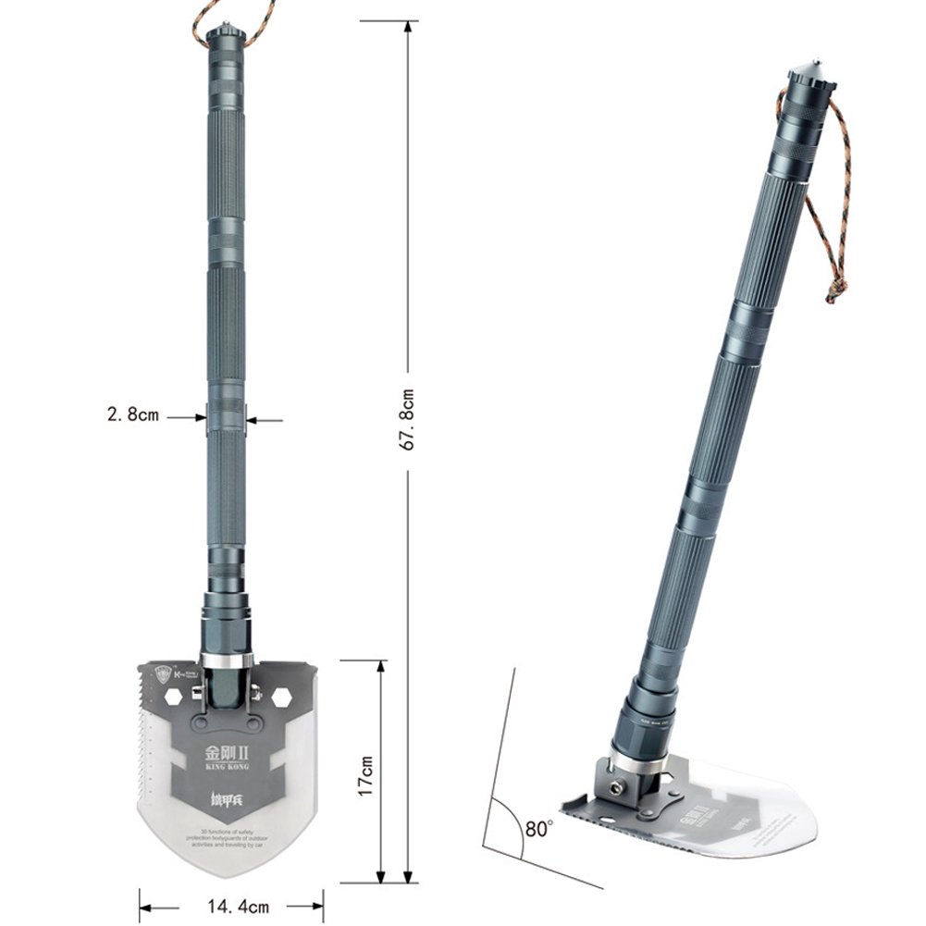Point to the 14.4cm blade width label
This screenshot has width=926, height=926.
coord(231,907)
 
